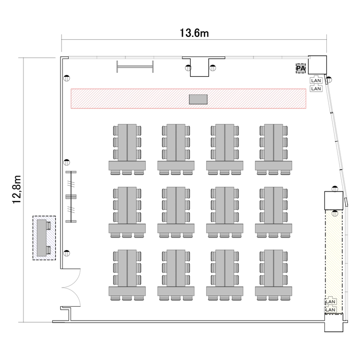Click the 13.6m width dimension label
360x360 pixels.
(194, 33)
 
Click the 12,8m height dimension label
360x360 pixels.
(17, 190)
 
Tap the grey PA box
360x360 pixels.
(300, 69)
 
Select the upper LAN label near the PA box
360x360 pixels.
(316, 81)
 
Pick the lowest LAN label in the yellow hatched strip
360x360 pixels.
(330, 310)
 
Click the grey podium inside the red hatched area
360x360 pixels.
(198, 99)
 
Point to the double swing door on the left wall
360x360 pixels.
(71, 288)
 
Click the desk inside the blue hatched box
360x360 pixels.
(42, 238)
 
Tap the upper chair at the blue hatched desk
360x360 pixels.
(48, 226)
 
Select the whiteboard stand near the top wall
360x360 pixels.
(135, 67)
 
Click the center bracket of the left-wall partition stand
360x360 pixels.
(71, 196)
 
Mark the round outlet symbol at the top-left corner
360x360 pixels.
(67, 78)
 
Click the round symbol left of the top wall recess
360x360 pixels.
(188, 68)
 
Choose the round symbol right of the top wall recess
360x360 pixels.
(213, 68)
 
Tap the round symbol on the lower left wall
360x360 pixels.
(67, 253)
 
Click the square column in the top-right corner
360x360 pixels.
(317, 65)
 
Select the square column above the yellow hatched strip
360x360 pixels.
(334, 201)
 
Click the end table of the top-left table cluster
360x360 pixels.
(127, 166)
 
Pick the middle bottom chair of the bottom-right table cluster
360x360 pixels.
(273, 298)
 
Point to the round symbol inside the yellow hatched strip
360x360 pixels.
(335, 213)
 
